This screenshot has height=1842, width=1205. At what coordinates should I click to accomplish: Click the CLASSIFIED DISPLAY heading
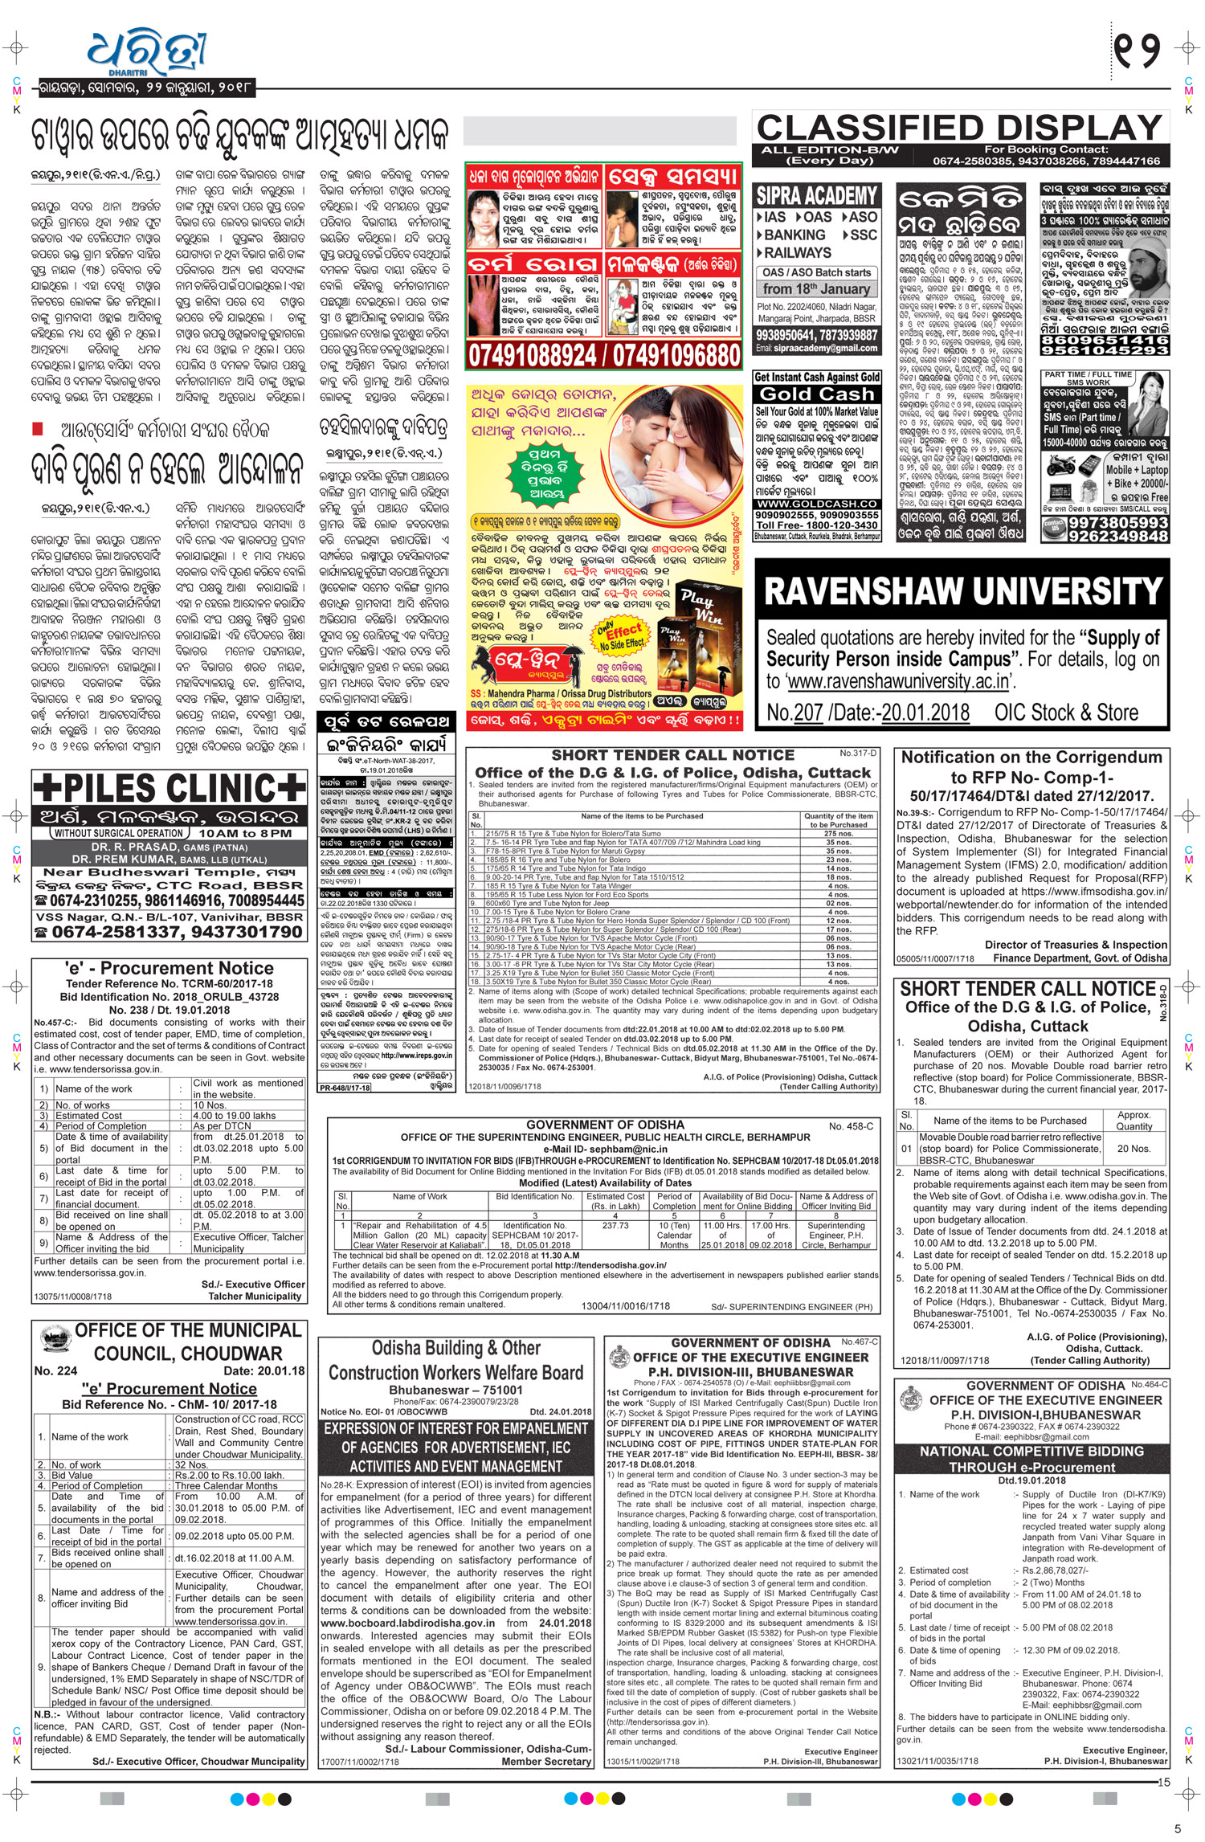pyautogui.click(x=960, y=128)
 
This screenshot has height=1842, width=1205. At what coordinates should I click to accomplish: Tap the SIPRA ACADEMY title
pyautogui.click(x=816, y=195)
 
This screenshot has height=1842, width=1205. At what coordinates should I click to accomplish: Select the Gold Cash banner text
pyautogui.click(x=816, y=394)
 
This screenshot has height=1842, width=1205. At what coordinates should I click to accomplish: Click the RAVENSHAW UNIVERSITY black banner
pyautogui.click(x=962, y=591)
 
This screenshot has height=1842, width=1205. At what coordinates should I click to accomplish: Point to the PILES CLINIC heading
pyautogui.click(x=169, y=789)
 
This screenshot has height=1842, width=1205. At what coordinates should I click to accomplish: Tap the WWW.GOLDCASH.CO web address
pyautogui.click(x=816, y=504)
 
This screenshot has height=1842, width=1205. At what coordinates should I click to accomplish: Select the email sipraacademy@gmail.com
pyautogui.click(x=816, y=348)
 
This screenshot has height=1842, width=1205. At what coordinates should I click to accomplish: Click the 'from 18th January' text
pyautogui.click(x=816, y=289)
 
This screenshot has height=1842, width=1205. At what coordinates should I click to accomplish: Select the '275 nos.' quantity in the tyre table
pyautogui.click(x=838, y=833)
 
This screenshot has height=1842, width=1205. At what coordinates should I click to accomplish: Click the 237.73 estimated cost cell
pyautogui.click(x=615, y=1226)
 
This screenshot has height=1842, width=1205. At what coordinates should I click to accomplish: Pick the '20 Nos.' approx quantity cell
pyautogui.click(x=1134, y=1149)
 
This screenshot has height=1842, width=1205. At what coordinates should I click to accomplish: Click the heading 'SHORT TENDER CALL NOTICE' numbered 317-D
pyautogui.click(x=672, y=755)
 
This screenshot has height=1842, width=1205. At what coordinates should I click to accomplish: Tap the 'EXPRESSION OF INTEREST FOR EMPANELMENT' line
pyautogui.click(x=455, y=1429)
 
